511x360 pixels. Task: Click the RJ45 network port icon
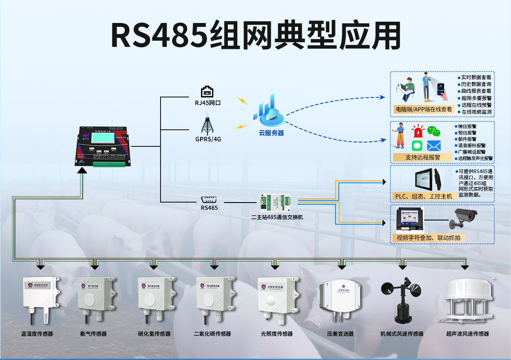pyautogui.click(x=207, y=91)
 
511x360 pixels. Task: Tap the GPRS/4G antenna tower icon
pyautogui.click(x=207, y=123)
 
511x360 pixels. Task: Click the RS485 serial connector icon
pyautogui.click(x=209, y=199)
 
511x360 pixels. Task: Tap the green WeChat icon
pyautogui.click(x=433, y=131)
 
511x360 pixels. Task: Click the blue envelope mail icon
pyautogui.click(x=433, y=146)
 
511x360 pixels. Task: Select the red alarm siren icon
pyautogui.click(x=418, y=131)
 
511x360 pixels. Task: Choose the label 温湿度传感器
pyautogui.click(x=37, y=334)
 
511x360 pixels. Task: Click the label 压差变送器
pyautogui.click(x=340, y=334)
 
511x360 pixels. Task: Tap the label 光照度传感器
pyautogui.click(x=277, y=334)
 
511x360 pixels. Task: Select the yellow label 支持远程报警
pyautogui.click(x=422, y=157)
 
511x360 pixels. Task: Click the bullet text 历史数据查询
pyautogui.click(x=476, y=84)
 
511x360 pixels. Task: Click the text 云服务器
pyautogui.click(x=271, y=133)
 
